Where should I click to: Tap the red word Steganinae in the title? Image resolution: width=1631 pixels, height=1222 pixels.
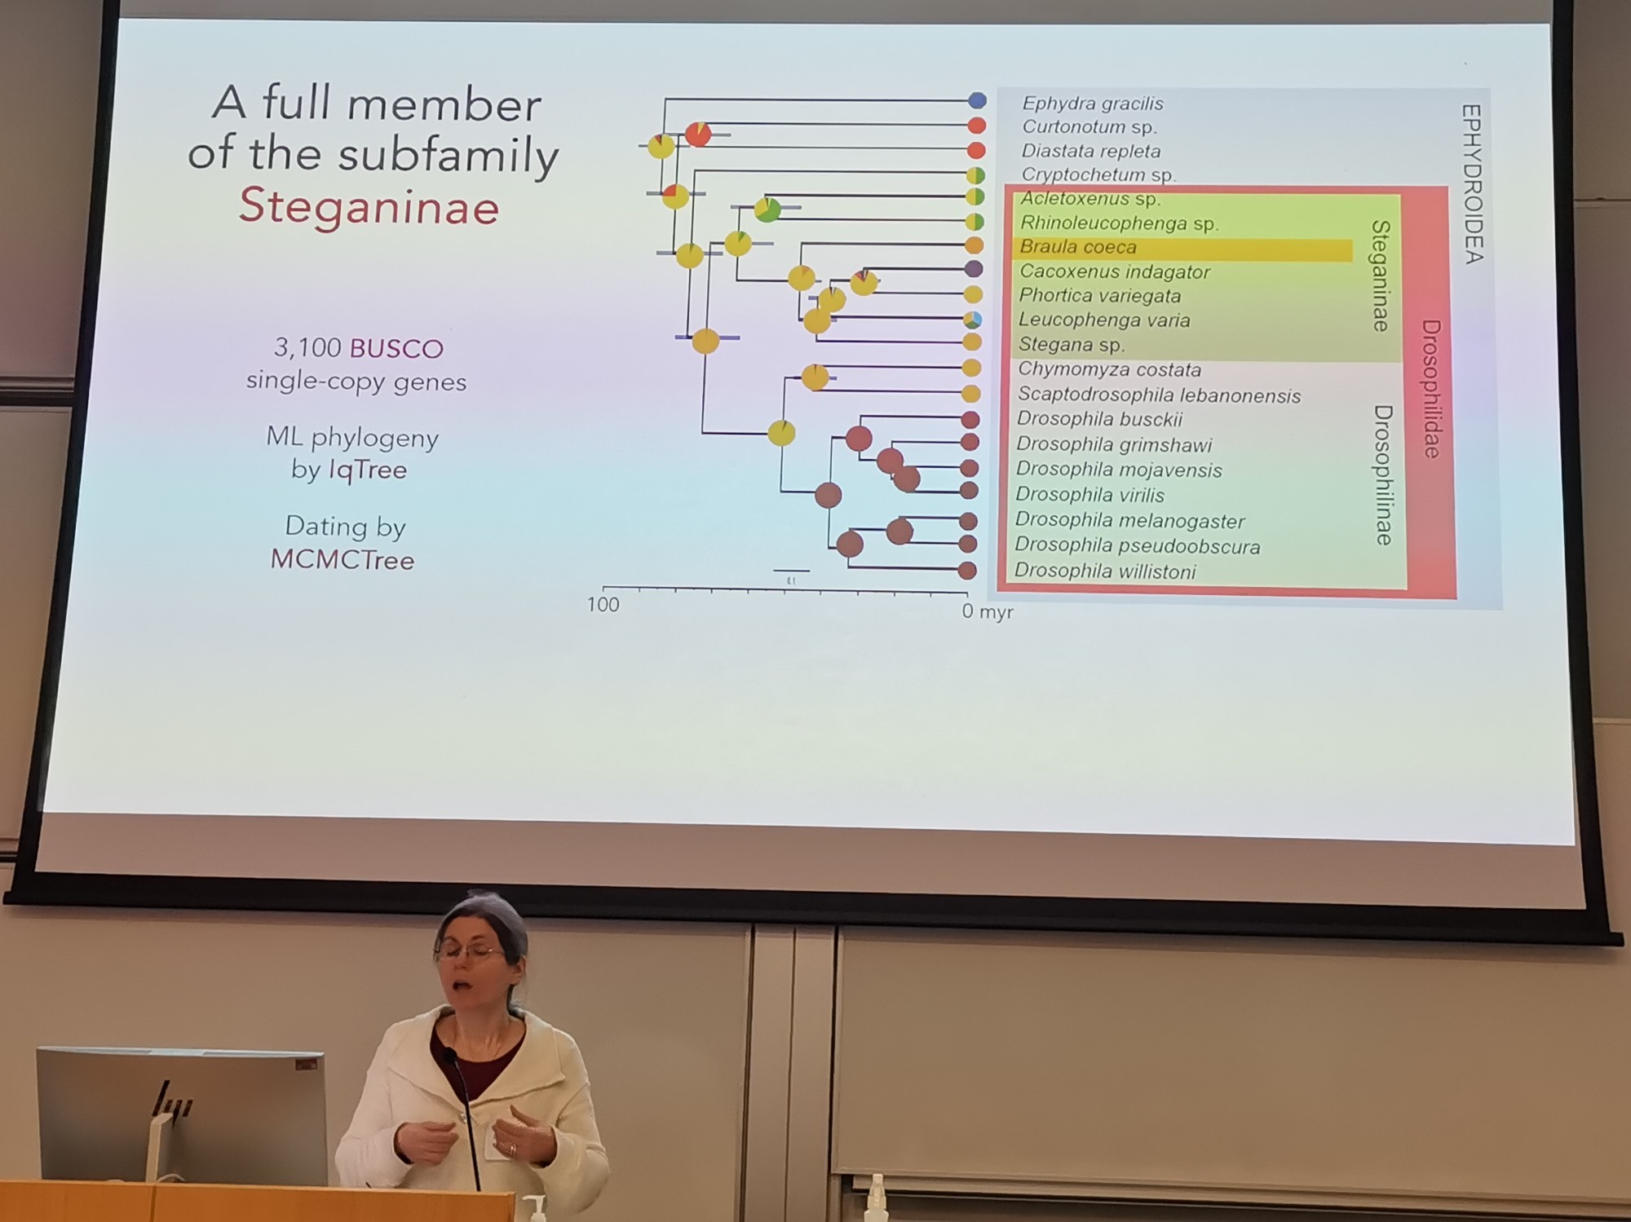point(369,206)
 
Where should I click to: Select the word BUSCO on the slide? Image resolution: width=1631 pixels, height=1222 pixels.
point(396,349)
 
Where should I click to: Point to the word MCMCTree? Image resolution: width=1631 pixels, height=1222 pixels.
point(343,560)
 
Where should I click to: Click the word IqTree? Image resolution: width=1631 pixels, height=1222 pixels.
point(367,470)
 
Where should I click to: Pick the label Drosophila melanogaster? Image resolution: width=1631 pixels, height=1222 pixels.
point(1129,520)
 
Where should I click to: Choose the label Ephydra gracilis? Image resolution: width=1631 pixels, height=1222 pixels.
point(1092,104)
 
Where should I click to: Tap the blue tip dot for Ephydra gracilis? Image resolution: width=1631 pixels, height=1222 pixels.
point(977,101)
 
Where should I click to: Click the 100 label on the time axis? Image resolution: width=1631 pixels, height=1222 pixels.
point(603,605)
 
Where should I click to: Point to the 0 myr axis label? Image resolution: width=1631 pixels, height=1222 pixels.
point(987,611)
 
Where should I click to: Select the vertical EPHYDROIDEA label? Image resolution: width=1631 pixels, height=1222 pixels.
point(1472,183)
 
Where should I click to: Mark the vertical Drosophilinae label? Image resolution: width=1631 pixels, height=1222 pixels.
point(1383,474)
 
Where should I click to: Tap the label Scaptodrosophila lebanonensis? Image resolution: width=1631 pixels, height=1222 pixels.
point(1159,395)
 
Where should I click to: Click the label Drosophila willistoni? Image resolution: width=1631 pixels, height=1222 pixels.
point(1105,571)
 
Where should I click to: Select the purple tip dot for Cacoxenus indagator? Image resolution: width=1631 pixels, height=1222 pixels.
point(973,269)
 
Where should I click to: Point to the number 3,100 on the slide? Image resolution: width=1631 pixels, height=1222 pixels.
point(307,348)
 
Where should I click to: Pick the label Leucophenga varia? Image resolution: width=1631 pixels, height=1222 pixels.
point(1103,320)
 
